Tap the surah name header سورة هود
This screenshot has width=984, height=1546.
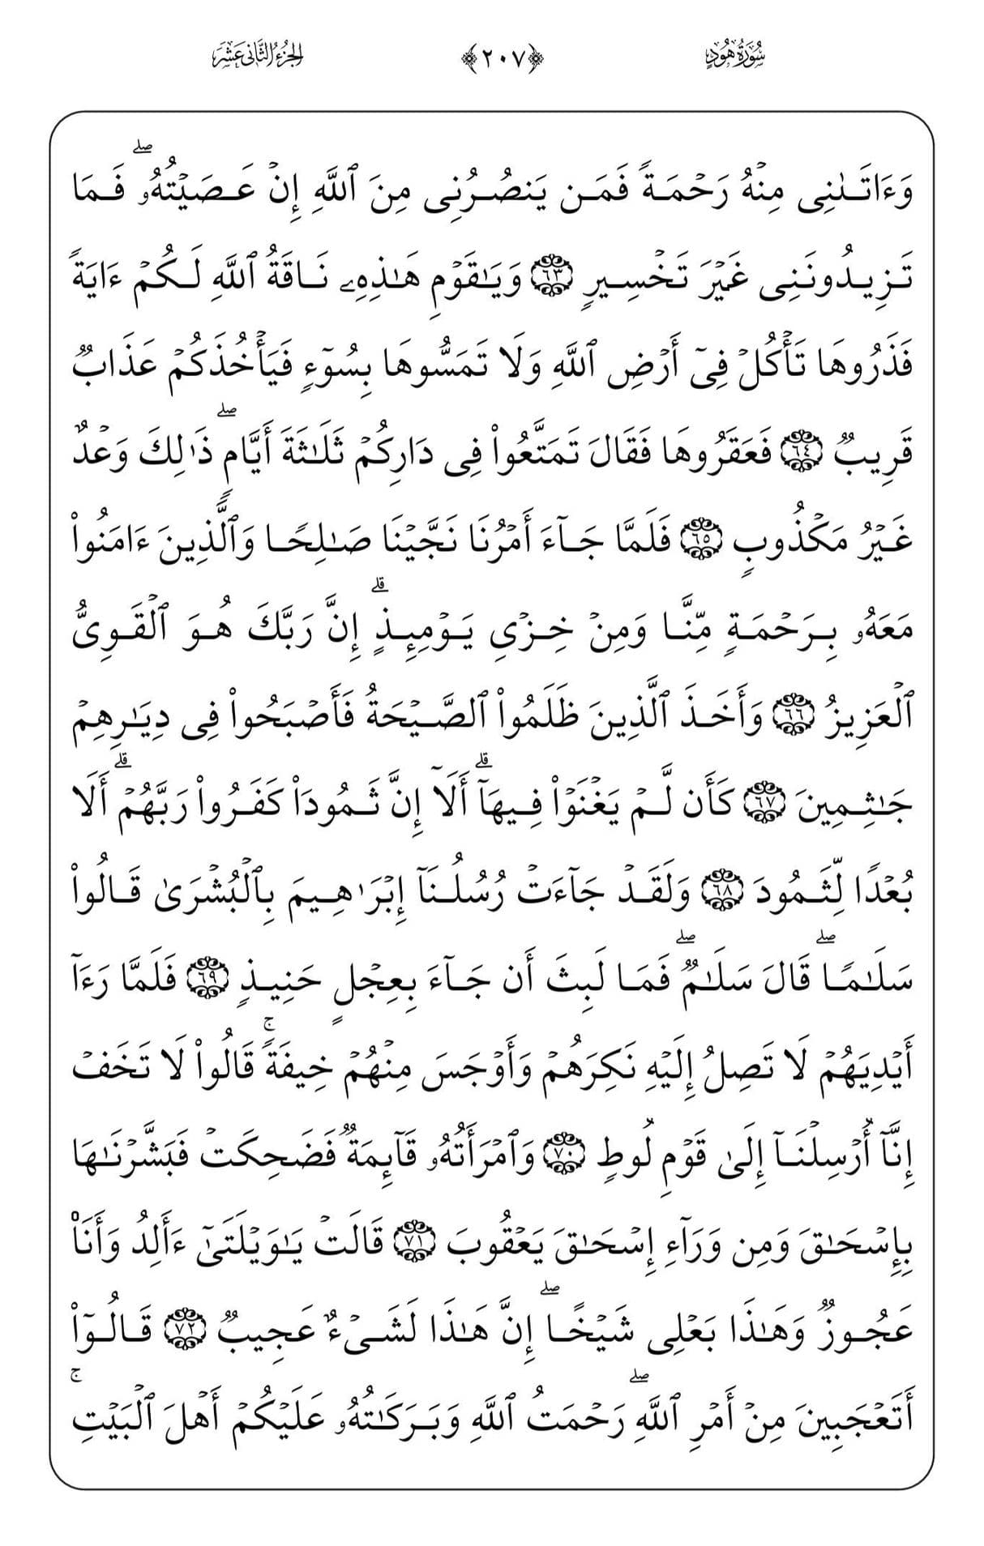point(736,57)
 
